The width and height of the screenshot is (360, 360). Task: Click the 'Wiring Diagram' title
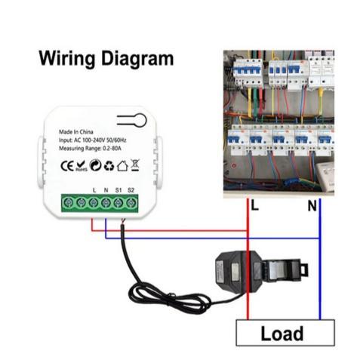coord(106,58)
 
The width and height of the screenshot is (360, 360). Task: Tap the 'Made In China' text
coord(79,131)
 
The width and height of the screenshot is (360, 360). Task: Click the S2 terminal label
coord(131,189)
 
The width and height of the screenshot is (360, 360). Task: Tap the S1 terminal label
coord(118,189)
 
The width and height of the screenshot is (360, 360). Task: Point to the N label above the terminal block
coord(106,189)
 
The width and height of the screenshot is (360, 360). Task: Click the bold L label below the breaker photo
coord(254,205)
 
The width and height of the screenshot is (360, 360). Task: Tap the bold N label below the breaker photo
coord(312,205)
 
